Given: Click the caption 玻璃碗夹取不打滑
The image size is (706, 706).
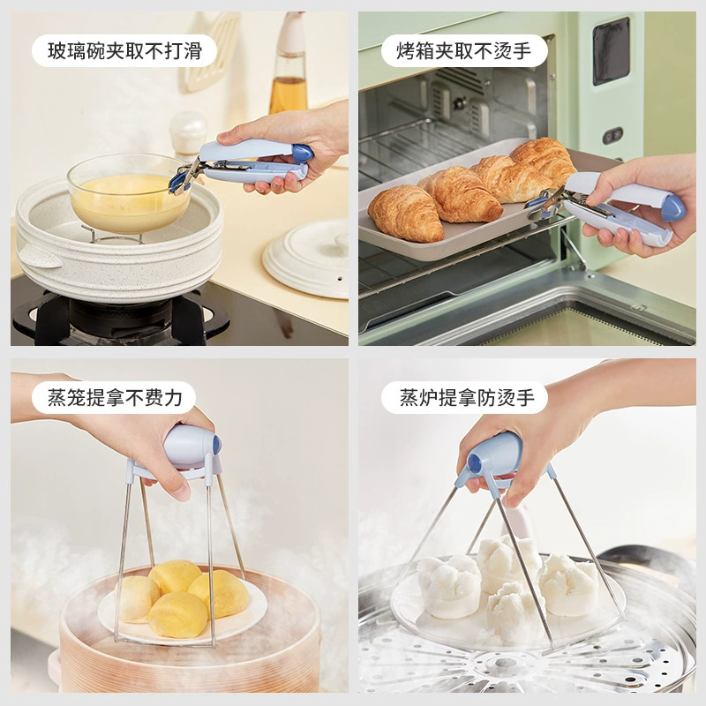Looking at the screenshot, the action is pyautogui.click(x=124, y=51).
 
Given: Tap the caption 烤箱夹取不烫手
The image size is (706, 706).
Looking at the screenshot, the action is pyautogui.click(x=464, y=51).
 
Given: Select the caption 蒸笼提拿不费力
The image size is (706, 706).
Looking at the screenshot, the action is pyautogui.click(x=115, y=398).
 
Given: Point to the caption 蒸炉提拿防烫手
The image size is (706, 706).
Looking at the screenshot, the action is pyautogui.click(x=467, y=398).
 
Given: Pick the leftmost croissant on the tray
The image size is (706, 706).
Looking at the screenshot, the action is pyautogui.click(x=405, y=213).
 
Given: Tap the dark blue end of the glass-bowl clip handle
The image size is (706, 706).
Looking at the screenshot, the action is pyautogui.click(x=303, y=153).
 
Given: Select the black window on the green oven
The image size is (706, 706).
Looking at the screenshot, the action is pyautogui.click(x=611, y=51).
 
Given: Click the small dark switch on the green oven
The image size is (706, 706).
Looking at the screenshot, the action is pyautogui.click(x=612, y=135).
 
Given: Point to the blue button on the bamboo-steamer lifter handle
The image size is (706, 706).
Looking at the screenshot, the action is pyautogui.click(x=216, y=445).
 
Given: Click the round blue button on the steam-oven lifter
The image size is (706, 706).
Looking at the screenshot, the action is pyautogui.click(x=475, y=463).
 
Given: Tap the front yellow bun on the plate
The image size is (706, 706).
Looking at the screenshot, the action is pyautogui.click(x=178, y=614).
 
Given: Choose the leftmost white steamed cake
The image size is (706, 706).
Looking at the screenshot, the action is pyautogui.click(x=448, y=586).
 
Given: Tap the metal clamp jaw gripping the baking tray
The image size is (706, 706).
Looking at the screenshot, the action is pyautogui.click(x=544, y=205).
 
